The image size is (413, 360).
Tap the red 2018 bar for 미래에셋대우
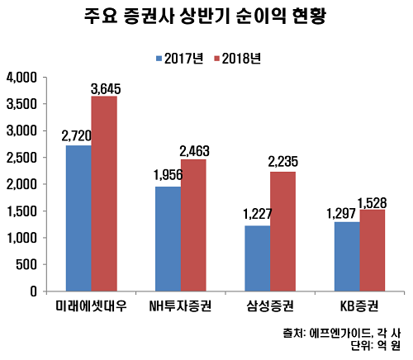(x=104, y=193)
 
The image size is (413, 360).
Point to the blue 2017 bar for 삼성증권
(x=259, y=258)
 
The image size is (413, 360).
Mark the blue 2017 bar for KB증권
(x=347, y=256)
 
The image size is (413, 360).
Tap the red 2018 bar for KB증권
(x=373, y=250)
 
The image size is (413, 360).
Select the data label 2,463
(x=196, y=151)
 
